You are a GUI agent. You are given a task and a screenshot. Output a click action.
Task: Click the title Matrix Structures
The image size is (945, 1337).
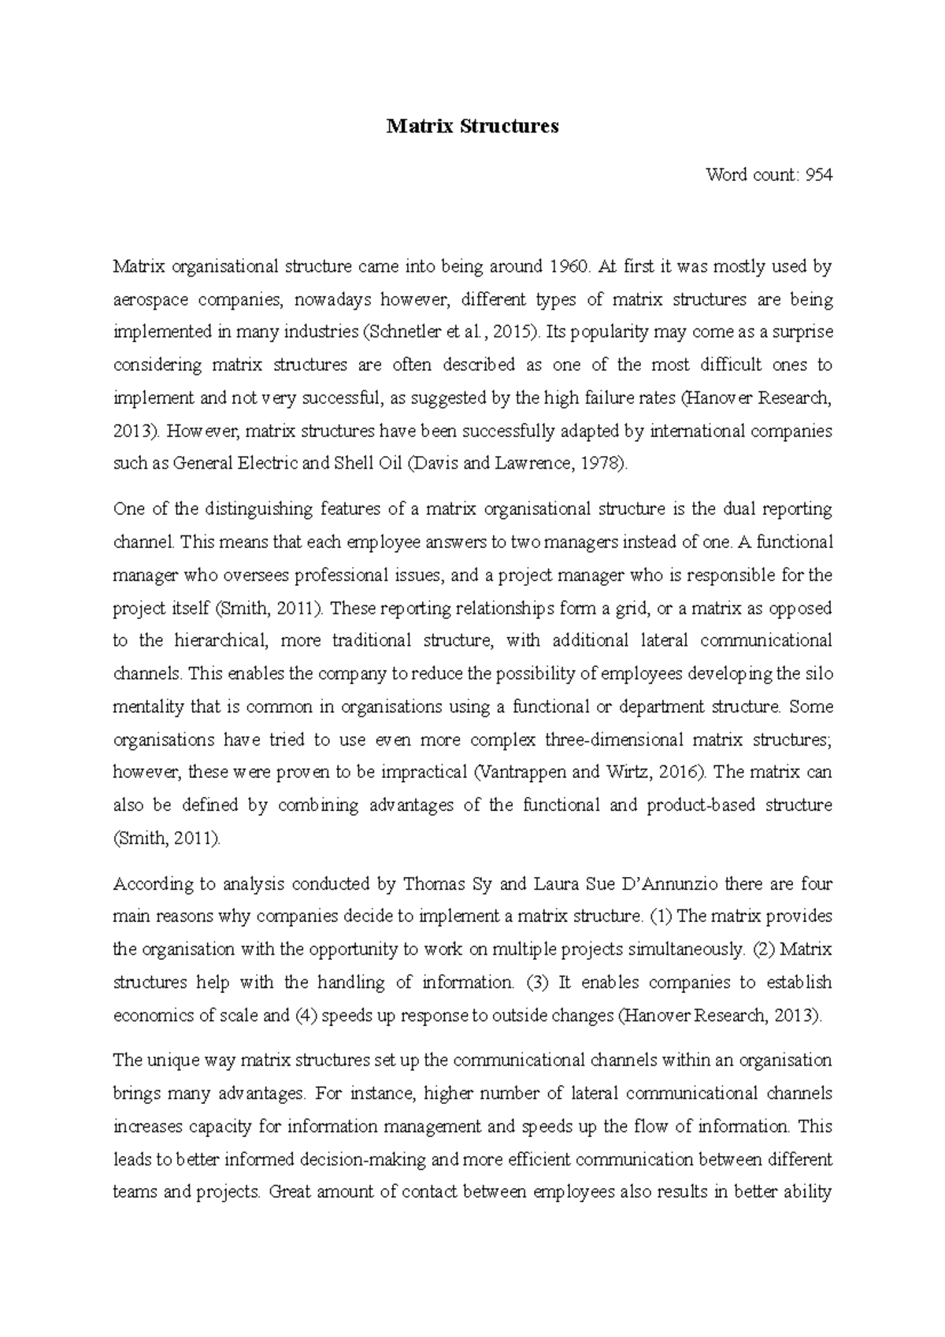click(x=472, y=126)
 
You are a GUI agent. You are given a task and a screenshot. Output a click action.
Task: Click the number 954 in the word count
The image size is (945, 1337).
click(x=817, y=175)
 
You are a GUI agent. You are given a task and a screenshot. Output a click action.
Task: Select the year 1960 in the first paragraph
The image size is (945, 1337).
click(x=566, y=267)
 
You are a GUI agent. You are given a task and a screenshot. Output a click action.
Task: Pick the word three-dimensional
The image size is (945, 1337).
click(x=613, y=740)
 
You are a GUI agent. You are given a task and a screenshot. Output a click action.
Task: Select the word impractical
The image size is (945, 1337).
click(x=423, y=772)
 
